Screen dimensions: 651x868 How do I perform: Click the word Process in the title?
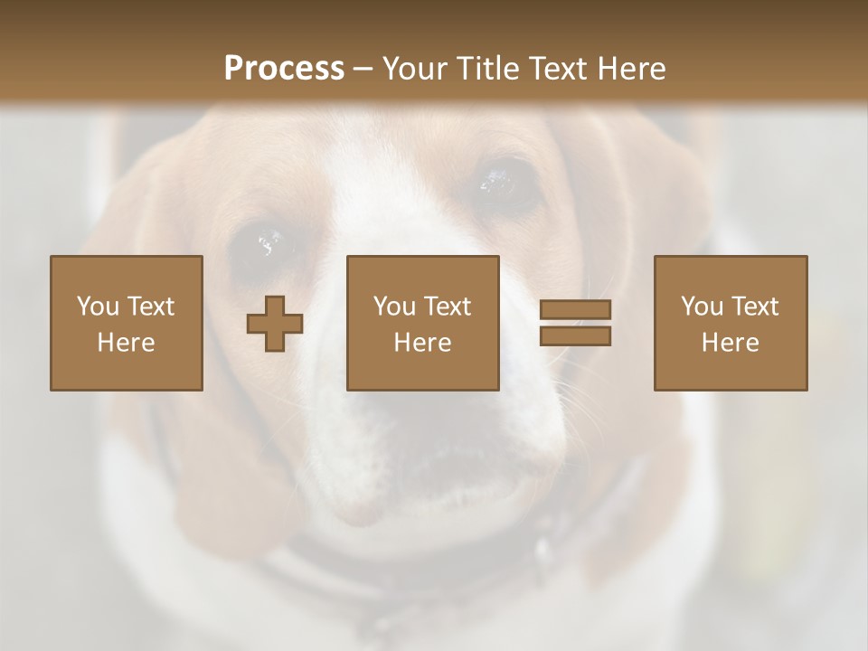click(284, 69)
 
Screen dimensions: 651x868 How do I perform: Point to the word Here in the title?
click(632, 69)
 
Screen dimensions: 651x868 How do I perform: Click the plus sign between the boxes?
click(275, 323)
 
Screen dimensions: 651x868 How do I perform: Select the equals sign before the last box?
click(575, 323)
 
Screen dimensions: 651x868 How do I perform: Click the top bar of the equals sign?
click(575, 310)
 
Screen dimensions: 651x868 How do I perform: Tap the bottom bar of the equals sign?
click(575, 335)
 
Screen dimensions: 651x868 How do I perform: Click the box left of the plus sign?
click(127, 323)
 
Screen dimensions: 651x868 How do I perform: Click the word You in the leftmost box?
click(98, 307)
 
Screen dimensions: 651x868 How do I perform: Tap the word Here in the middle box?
click(422, 343)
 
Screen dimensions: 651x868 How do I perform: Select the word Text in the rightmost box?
click(756, 307)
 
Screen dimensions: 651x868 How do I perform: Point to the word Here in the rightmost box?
click(731, 343)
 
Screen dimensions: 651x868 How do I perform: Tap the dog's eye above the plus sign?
click(269, 243)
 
